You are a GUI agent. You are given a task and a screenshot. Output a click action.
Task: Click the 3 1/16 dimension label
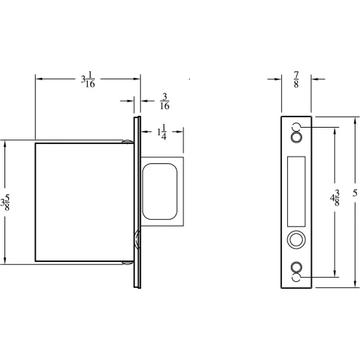point(88,79)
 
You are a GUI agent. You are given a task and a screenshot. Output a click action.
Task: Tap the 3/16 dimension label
point(165,101)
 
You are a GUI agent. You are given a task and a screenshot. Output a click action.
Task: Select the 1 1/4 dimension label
point(162,132)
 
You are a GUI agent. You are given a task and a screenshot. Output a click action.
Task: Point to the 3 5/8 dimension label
point(5,202)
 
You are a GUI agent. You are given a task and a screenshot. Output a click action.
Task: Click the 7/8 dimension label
point(296,79)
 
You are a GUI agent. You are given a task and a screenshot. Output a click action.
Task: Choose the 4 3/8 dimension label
point(335,197)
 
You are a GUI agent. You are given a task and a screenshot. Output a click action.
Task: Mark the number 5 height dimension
point(355,193)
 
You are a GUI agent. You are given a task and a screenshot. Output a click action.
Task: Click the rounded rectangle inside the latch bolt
point(160,192)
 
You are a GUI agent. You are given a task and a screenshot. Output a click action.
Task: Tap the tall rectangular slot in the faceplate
point(296,192)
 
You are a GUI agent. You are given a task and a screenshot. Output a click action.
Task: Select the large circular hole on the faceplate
point(296,240)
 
